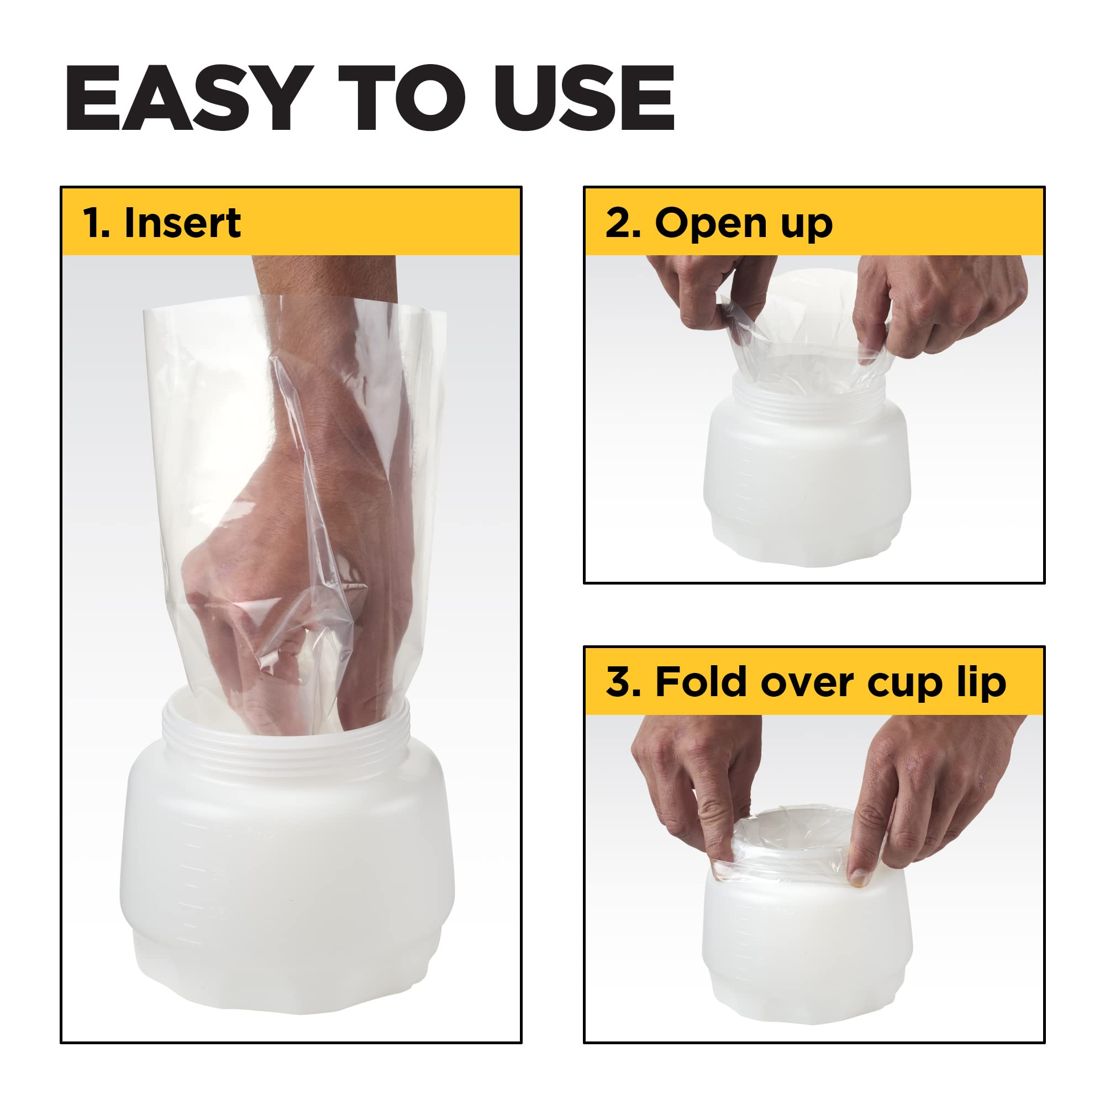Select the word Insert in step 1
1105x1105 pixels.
tap(182, 223)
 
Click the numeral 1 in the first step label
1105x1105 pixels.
tap(93, 223)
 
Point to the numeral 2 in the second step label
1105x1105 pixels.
tap(619, 223)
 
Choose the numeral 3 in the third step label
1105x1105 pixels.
tap(620, 682)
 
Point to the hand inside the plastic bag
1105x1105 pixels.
tap(297, 515)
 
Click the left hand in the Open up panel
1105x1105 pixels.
tap(703, 292)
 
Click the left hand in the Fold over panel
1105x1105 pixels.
tap(686, 778)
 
